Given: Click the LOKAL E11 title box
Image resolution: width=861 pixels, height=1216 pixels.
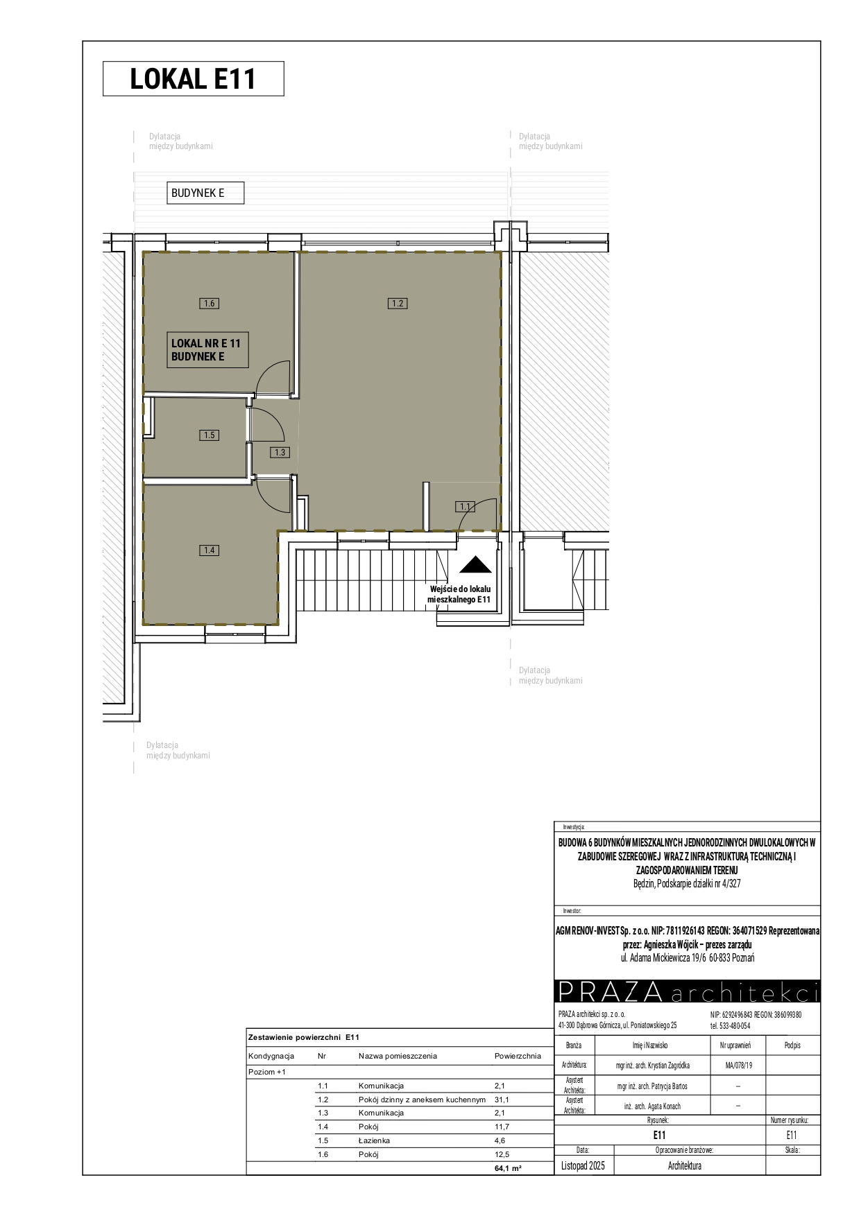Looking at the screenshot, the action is (194, 78).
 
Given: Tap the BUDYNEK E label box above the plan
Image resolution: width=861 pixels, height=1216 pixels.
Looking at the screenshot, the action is (205, 193).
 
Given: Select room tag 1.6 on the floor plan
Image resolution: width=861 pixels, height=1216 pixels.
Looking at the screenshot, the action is (209, 303).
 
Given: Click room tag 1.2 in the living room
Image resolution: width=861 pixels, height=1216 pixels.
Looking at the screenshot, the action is (398, 303).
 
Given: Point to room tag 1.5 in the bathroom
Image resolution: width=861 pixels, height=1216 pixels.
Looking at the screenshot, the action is (209, 435).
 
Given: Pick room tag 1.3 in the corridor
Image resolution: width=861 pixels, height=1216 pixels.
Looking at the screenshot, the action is (280, 452).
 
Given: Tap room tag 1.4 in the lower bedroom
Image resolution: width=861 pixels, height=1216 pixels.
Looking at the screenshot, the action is (209, 550).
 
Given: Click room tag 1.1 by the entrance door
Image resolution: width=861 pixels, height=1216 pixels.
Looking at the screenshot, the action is (465, 507).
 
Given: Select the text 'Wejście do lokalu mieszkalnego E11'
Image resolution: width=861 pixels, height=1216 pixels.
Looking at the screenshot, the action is (459, 594).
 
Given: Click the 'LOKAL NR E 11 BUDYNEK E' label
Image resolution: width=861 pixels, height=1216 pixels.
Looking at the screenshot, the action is (206, 350).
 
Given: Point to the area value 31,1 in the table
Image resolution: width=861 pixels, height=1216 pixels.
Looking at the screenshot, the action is (502, 1100).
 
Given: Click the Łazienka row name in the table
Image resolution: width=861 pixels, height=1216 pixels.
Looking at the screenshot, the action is (374, 1140).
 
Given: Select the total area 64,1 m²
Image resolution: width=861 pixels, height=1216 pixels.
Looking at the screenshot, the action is (508, 1168).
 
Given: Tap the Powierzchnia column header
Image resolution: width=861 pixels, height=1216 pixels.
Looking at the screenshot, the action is (518, 1056).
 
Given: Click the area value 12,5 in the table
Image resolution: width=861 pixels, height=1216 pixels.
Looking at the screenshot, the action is (502, 1154).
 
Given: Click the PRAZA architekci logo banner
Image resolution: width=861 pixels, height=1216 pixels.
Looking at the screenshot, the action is (687, 992).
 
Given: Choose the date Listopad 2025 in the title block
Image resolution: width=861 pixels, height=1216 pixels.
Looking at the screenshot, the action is (583, 1166).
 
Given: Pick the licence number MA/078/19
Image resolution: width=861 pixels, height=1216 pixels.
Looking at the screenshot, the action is (738, 1066).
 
